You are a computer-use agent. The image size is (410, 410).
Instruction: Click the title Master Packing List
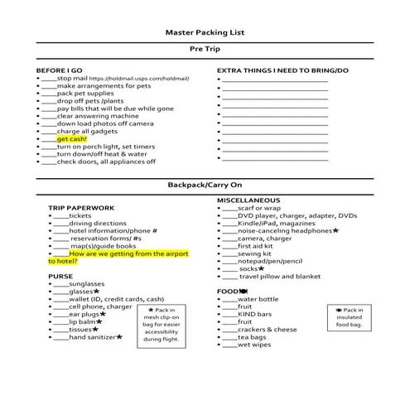(x=204, y=33)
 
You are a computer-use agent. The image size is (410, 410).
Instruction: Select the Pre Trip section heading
(x=204, y=50)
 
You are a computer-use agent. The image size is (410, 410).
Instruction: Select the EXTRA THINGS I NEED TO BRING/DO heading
(x=283, y=70)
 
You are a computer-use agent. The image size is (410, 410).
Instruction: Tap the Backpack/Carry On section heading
(x=204, y=184)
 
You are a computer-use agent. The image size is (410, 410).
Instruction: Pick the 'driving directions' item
(x=91, y=223)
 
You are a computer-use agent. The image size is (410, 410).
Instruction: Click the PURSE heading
(x=60, y=276)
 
